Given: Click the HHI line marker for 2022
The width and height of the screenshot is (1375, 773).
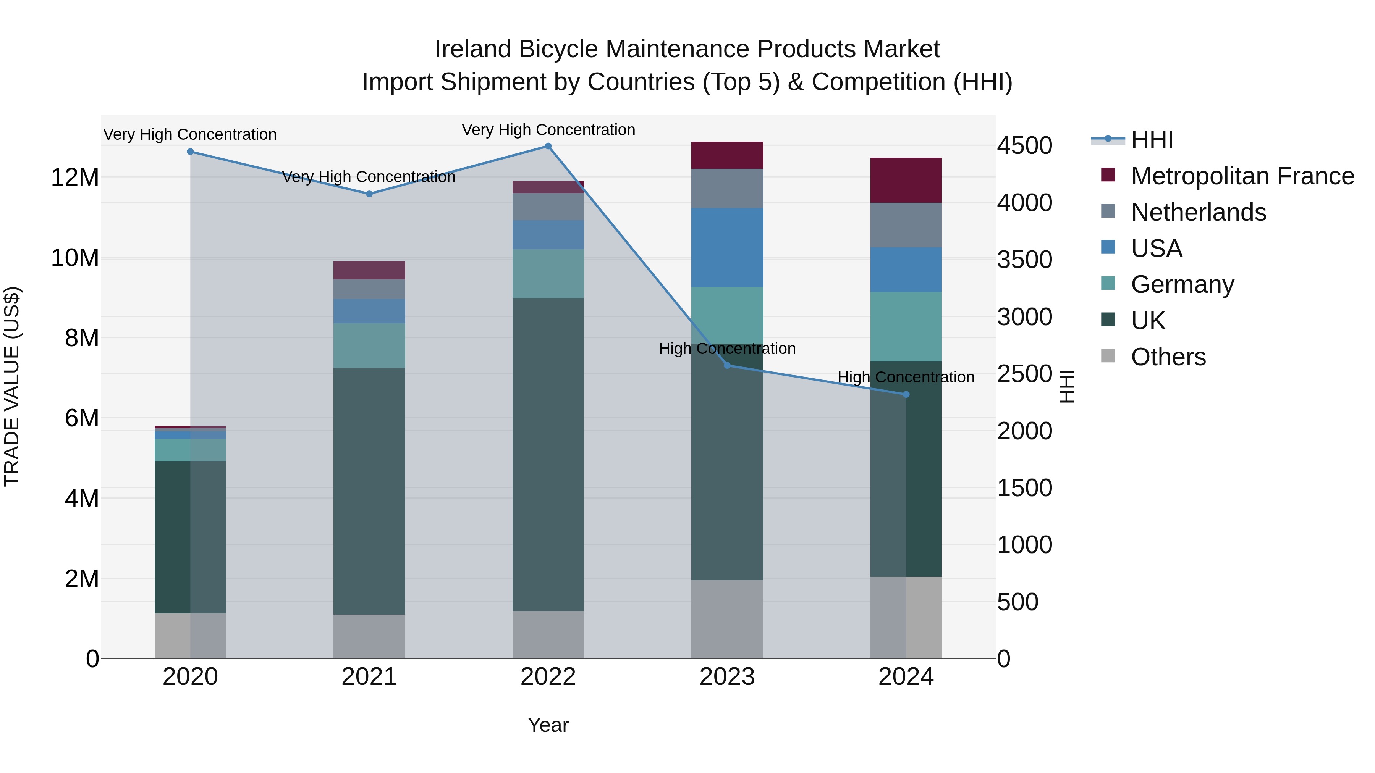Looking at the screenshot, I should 548,146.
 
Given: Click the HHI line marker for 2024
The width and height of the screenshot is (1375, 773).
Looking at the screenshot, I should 906,395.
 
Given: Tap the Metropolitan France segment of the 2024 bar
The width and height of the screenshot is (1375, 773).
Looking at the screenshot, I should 906,180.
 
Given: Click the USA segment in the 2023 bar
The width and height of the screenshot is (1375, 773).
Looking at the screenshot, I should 727,247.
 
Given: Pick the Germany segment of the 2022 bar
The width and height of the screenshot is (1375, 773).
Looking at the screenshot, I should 548,274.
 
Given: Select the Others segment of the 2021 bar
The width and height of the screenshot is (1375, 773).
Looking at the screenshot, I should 369,636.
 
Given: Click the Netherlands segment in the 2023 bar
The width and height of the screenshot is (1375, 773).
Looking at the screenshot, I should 727,188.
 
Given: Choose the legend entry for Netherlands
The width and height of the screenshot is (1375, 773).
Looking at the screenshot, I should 1198,212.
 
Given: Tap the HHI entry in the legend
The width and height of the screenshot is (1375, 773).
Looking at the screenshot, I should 1152,140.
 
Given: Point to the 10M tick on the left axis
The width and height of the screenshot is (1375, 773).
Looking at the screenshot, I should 75,258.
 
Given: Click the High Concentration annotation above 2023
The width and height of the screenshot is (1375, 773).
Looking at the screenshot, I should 727,349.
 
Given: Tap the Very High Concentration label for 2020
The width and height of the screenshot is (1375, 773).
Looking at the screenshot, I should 190,134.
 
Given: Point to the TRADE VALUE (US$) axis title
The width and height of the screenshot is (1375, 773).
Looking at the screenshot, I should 12,386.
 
